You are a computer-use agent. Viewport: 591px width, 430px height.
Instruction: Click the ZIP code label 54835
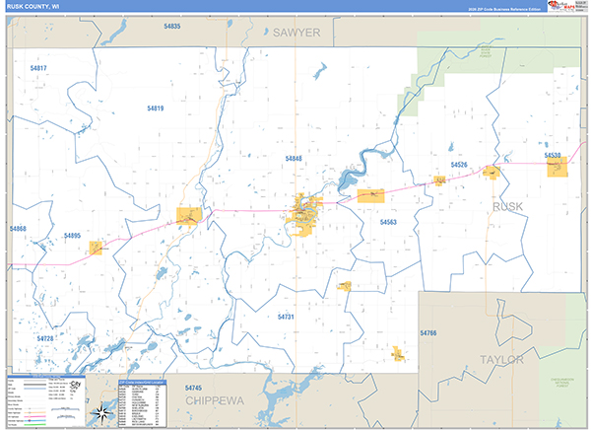click(x=172, y=26)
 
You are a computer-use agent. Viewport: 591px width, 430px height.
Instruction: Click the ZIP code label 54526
click(x=458, y=165)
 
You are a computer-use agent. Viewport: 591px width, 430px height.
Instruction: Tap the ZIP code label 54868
click(x=18, y=229)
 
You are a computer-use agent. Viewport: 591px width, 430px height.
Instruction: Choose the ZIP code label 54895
click(x=72, y=236)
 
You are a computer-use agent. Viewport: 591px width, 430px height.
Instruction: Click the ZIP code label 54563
click(x=388, y=223)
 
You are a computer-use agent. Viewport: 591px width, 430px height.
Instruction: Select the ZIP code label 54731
click(x=286, y=317)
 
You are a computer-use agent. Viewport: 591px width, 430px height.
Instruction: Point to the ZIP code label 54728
click(x=45, y=338)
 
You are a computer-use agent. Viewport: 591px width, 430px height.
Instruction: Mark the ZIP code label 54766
click(x=427, y=334)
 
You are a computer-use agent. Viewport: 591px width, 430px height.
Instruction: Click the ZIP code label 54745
click(x=194, y=388)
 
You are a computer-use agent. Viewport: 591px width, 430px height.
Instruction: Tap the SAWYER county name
click(x=297, y=33)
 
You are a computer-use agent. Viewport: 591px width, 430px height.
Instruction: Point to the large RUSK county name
click(x=507, y=206)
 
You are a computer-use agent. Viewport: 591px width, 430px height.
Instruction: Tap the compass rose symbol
click(x=102, y=412)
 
